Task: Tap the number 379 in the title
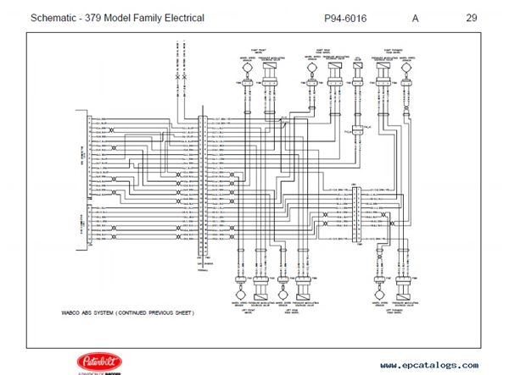click(103, 17)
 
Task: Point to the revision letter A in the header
click(416, 17)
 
